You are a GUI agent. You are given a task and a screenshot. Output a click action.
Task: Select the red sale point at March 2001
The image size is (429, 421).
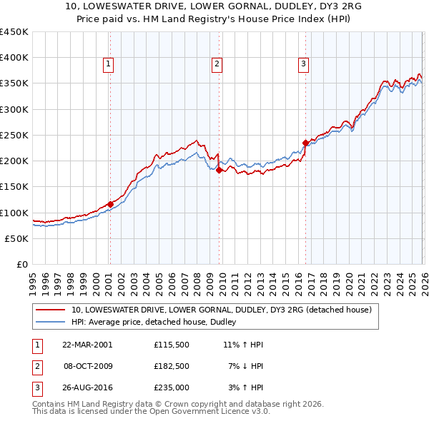pyautogui.click(x=110, y=204)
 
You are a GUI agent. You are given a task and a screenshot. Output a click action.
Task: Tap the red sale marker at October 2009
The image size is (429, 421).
pyautogui.click(x=219, y=170)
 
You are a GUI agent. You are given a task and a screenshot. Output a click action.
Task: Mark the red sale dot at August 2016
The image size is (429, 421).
pyautogui.click(x=305, y=143)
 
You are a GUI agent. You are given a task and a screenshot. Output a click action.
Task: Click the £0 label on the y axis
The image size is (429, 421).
pyautogui.click(x=22, y=264)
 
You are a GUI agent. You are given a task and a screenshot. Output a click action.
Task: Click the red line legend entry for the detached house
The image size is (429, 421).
pyautogui.click(x=221, y=310)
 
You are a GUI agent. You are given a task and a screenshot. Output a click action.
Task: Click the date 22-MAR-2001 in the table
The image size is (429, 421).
pyautogui.click(x=87, y=344)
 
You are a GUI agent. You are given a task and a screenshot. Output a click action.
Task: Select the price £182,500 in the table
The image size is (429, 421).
pyautogui.click(x=172, y=366)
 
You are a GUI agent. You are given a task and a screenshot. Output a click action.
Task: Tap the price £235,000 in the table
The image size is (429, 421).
pyautogui.click(x=172, y=388)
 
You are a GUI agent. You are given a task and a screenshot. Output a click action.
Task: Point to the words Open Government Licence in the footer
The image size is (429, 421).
pyautogui.click(x=203, y=412)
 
